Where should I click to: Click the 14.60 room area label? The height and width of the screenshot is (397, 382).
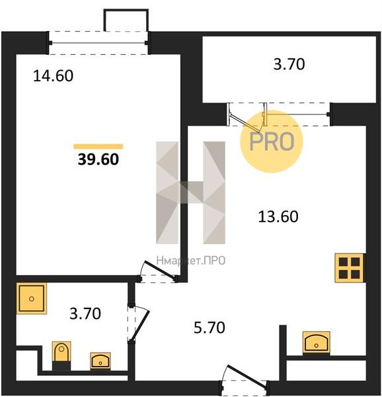tap(53, 75)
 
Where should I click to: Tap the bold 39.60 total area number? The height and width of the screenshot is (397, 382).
tap(98, 159)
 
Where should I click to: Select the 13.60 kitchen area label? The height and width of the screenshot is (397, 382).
tap(278, 217)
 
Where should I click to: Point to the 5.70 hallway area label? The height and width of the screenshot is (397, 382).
tap(210, 328)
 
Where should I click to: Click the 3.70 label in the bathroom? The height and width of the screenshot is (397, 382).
tap(85, 314)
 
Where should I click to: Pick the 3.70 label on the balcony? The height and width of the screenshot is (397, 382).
tap(289, 64)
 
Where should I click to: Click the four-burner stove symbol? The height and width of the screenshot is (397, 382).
tap(349, 268)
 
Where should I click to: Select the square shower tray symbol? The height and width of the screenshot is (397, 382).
tap(32, 298)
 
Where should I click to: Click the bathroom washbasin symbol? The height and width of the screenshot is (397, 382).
tap(100, 361)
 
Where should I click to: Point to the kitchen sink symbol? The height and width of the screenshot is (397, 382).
tap(317, 342)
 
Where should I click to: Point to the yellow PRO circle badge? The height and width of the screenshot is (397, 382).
tap(271, 142)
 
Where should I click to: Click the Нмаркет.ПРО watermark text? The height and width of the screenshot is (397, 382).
tap(191, 261)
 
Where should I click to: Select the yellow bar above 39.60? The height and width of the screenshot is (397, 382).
tap(98, 146)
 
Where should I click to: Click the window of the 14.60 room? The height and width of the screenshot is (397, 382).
tap(98, 43)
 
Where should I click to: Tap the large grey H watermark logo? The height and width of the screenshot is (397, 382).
tap(190, 193)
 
